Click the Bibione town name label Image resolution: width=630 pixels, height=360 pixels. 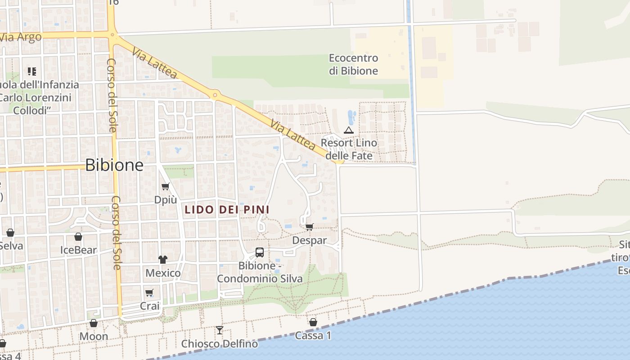pos(114,165)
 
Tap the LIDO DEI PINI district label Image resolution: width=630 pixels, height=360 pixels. pos(227,209)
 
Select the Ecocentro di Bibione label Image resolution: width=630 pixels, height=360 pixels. pos(353,64)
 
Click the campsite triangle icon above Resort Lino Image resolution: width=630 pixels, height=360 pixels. pos(348,130)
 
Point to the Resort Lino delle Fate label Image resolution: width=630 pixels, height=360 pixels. pos(349,149)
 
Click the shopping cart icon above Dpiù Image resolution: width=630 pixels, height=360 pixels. pos(166,186)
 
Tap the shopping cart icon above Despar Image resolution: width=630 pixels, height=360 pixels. pos(309,227)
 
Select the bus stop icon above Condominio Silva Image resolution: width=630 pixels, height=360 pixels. pos(260,252)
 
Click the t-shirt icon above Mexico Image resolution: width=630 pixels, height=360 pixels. pos(163,260)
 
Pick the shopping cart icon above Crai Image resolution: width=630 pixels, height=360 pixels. pos(149,292)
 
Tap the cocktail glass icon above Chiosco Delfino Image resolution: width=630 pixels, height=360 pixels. pos(219,330)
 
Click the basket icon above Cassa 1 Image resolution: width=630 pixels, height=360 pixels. pos(313,322)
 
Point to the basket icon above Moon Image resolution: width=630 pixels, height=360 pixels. pos(94,323)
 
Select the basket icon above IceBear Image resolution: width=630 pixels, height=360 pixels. pos(78,237)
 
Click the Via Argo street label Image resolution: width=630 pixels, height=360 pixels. pos(21,37)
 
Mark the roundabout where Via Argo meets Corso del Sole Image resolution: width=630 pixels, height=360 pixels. pos(112,35)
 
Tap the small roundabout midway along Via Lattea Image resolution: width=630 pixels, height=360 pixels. pos(215,94)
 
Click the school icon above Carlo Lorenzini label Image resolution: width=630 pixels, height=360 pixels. pos(31,71)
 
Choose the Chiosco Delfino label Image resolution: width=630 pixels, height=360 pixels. pos(220,344)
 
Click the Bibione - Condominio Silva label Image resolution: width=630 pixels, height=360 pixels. pos(260,272)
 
